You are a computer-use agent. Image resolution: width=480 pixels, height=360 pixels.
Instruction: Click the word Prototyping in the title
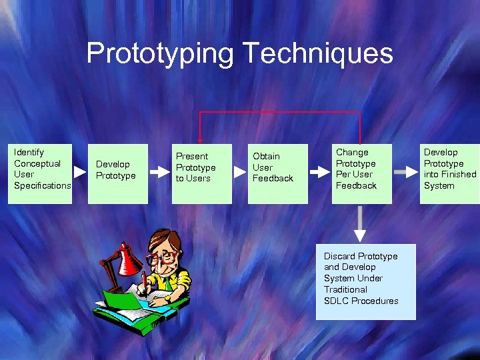(160, 53)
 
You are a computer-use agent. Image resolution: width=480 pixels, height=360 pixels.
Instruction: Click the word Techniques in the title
(317, 53)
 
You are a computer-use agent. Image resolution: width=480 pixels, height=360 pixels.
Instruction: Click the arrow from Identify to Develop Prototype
(80, 171)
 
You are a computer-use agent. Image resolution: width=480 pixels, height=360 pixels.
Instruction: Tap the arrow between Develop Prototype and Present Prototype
(160, 171)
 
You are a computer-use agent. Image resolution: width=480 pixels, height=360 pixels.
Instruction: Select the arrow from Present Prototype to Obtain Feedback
(240, 171)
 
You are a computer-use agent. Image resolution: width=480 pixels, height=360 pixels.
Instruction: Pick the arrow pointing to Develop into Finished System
(404, 171)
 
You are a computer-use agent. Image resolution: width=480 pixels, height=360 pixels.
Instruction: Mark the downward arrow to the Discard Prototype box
(360, 223)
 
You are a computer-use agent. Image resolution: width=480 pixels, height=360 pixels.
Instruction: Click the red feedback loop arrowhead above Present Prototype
(199, 137)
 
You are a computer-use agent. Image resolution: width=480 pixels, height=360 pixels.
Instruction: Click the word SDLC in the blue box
(336, 301)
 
